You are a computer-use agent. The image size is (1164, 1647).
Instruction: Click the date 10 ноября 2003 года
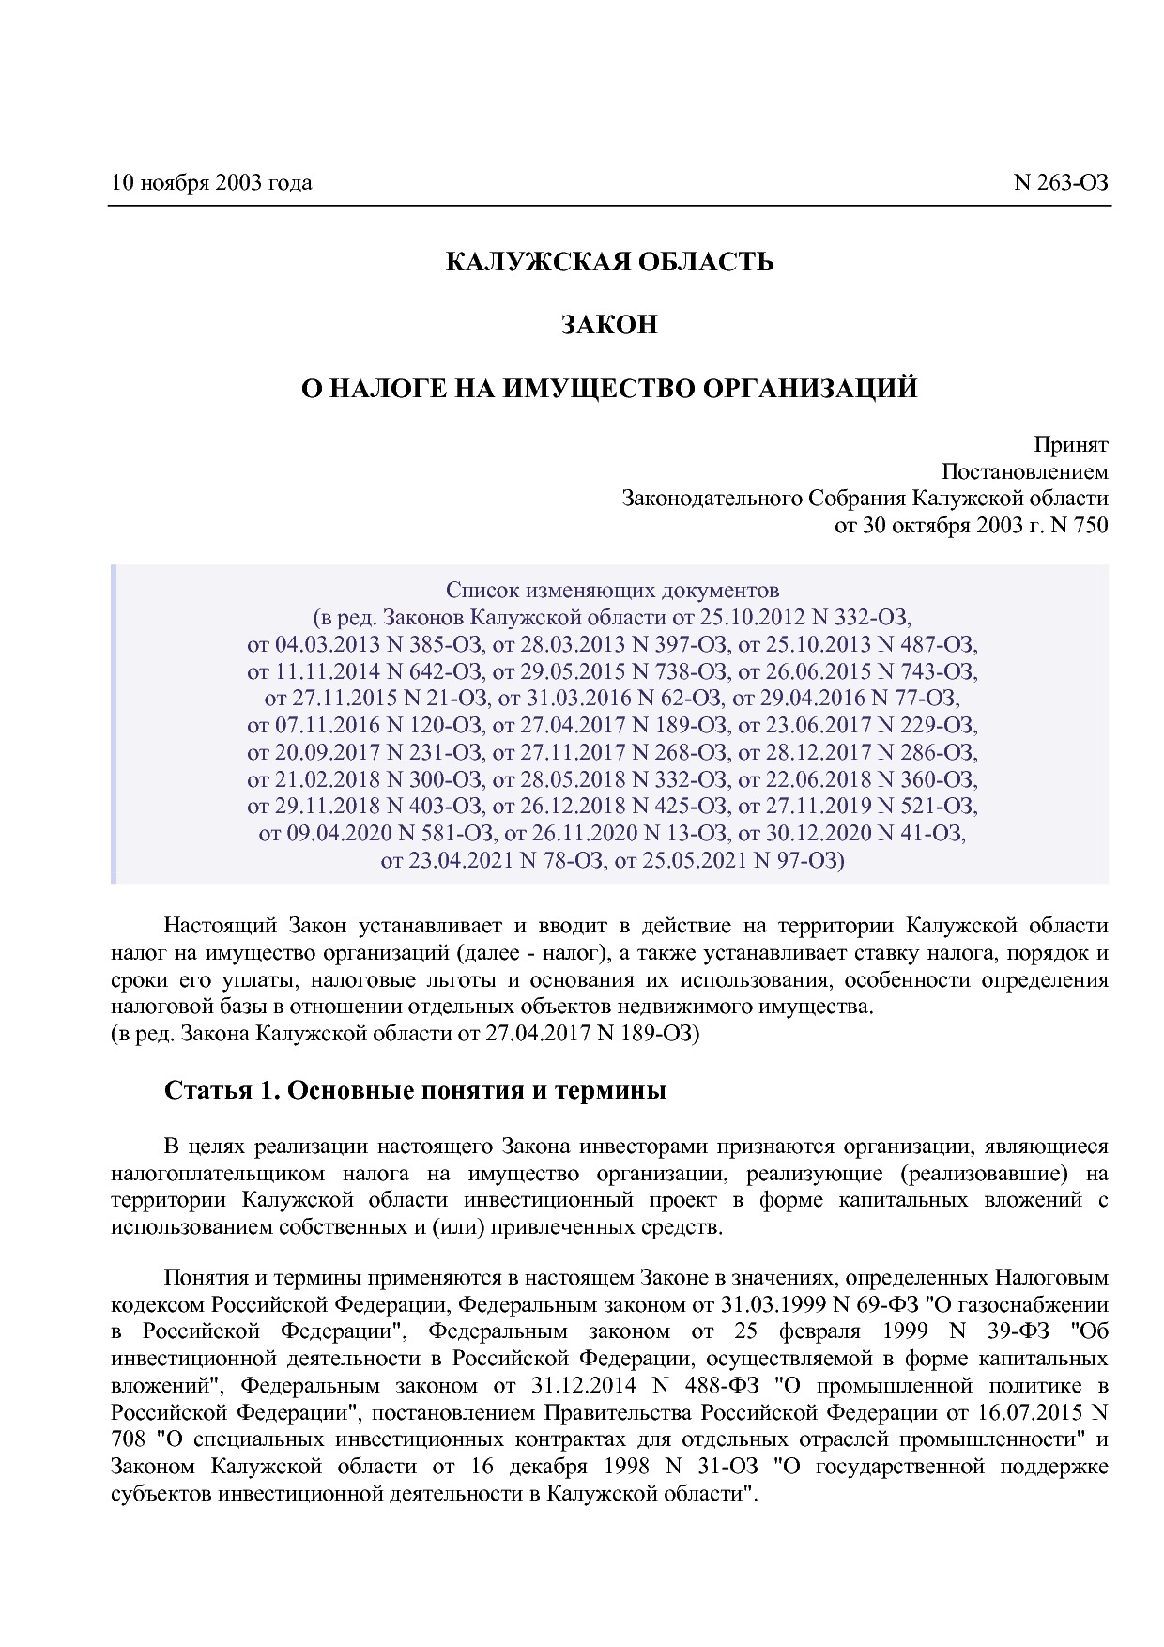[211, 182]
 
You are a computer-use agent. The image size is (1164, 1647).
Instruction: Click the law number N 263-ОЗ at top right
[1061, 182]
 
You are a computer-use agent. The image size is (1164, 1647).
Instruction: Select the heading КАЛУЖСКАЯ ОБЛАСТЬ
[609, 261]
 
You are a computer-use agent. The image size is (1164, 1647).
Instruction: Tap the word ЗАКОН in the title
[609, 325]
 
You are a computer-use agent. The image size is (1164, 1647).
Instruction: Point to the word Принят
[1071, 444]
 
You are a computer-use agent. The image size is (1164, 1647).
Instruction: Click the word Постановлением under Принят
[1024, 471]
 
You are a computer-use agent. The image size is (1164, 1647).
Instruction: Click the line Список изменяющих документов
[612, 591]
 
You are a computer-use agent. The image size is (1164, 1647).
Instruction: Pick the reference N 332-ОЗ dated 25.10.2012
[861, 618]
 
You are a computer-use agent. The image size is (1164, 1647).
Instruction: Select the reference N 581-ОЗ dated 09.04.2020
[443, 833]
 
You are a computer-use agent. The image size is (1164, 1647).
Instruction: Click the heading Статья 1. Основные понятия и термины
[415, 1090]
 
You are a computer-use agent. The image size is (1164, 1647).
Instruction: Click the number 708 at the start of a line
[128, 1439]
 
